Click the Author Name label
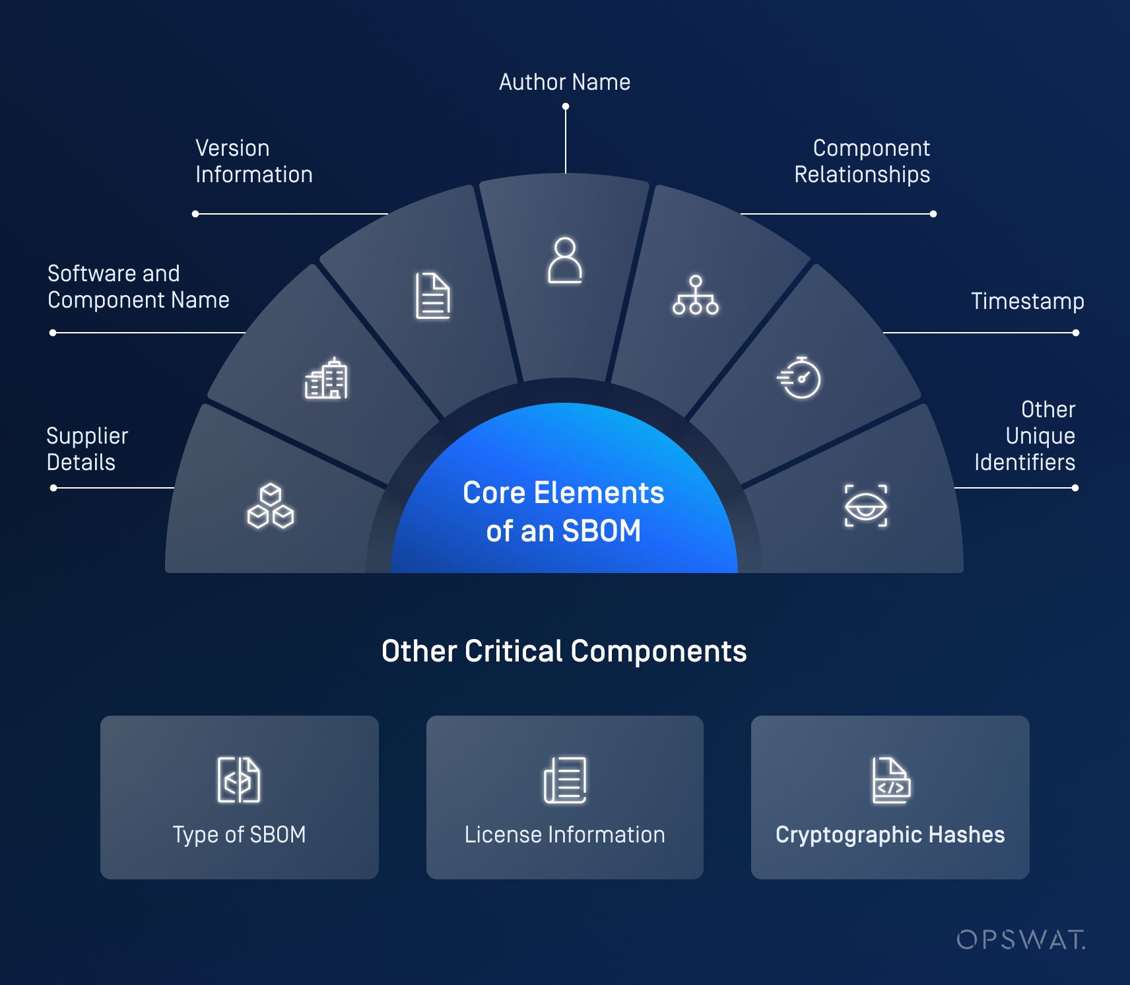[x=564, y=82]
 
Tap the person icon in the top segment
[x=565, y=261]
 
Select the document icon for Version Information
[x=433, y=296]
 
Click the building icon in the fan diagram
[x=326, y=378]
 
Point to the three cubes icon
[x=271, y=506]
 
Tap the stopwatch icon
[x=799, y=378]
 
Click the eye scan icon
[x=866, y=506]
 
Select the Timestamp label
[x=1027, y=301]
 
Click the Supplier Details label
[x=87, y=449]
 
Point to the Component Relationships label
[x=862, y=161]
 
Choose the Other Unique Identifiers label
[x=1024, y=436]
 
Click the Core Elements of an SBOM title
[x=564, y=512]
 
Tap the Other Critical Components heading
[x=564, y=651]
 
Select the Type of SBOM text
[x=239, y=834]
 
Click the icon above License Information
[x=565, y=780]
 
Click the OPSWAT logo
[x=1020, y=939]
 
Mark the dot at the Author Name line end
[x=566, y=106]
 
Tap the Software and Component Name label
[x=139, y=287]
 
